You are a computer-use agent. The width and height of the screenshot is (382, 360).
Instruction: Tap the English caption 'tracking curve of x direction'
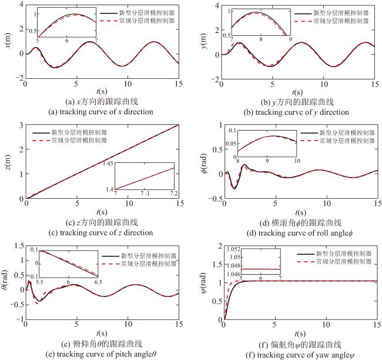click(106, 112)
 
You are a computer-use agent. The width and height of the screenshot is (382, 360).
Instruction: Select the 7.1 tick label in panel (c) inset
click(145, 194)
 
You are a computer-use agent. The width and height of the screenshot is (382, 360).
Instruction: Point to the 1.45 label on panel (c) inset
click(108, 164)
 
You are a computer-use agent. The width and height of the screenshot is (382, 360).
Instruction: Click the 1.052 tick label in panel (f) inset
click(233, 249)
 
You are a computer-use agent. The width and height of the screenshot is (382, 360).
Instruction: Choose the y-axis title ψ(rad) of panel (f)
click(204, 283)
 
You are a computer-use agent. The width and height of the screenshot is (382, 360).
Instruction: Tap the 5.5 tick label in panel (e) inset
click(39, 282)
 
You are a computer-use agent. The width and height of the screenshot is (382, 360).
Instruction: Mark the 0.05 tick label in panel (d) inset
click(231, 144)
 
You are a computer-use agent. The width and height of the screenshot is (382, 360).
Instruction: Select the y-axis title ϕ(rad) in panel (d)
click(205, 164)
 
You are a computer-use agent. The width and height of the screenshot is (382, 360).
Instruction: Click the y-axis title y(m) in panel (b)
click(204, 41)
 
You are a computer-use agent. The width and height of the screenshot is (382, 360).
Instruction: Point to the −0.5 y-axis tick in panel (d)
click(216, 199)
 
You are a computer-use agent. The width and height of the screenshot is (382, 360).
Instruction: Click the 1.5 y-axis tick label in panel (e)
click(19, 246)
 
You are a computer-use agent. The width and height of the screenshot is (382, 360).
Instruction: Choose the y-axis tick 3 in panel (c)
click(21, 125)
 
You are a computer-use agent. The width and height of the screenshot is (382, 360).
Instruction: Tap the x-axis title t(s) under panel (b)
click(297, 92)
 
